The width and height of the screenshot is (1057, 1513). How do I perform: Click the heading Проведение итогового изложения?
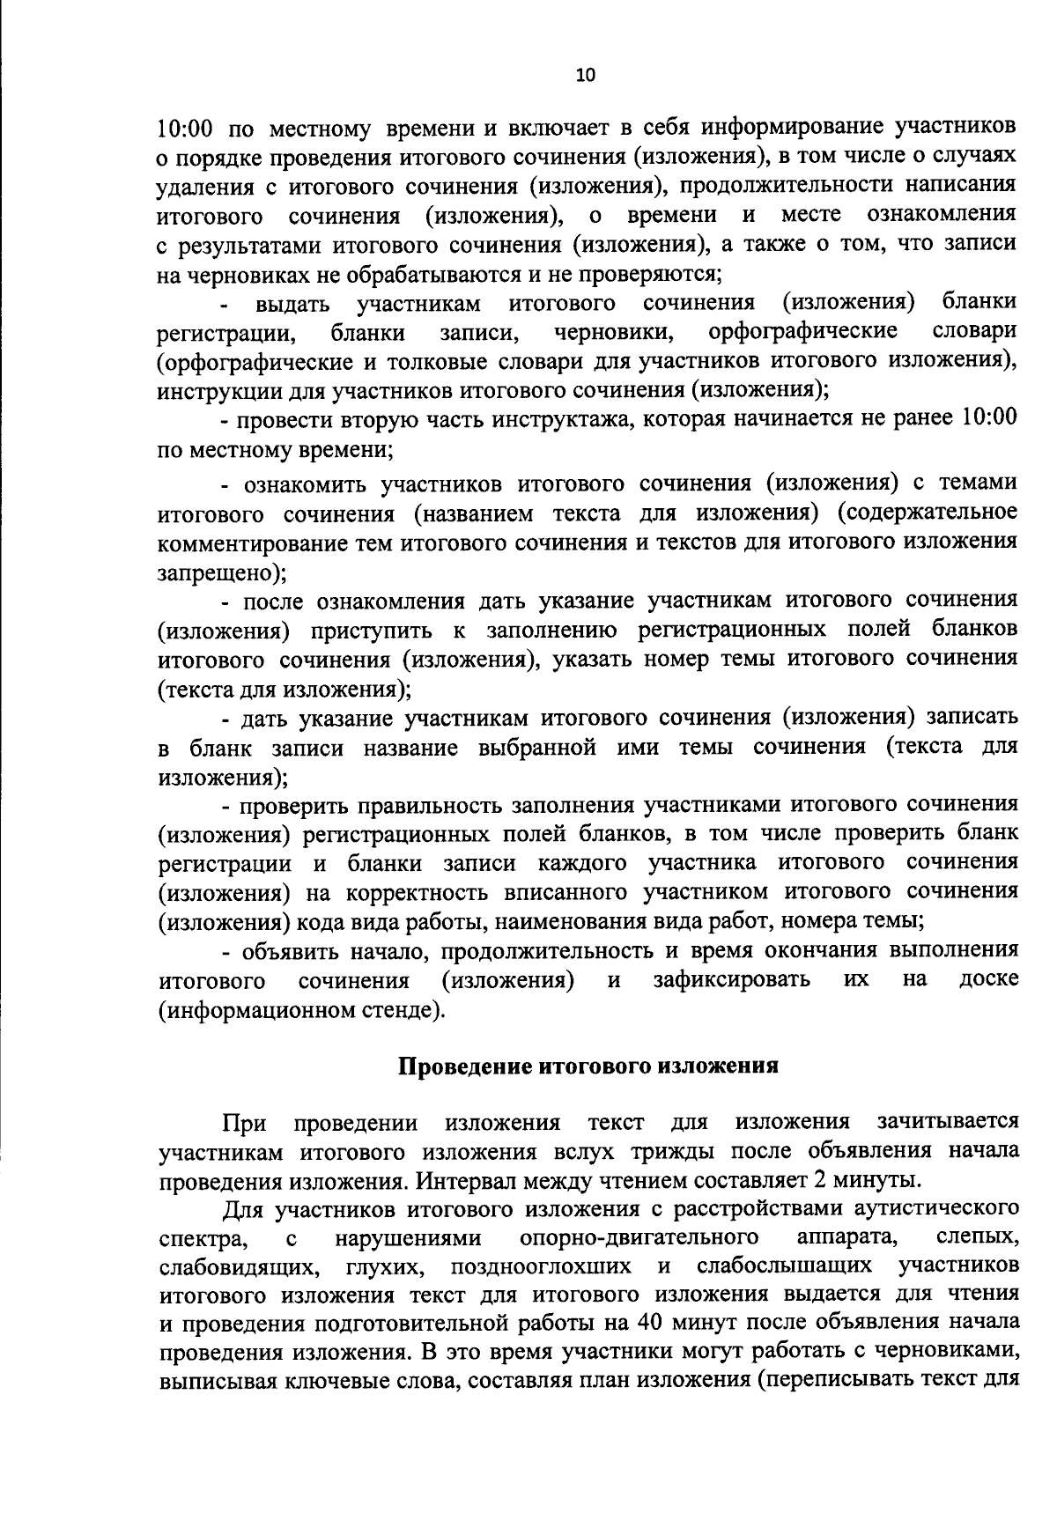(x=588, y=1066)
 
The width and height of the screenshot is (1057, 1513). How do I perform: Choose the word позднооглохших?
(x=540, y=1266)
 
